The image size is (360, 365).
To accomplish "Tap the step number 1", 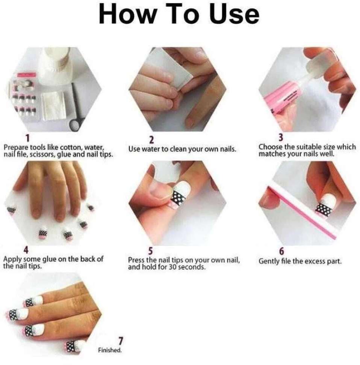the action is pyautogui.click(x=28, y=138).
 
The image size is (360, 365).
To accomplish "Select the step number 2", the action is pyautogui.click(x=151, y=140).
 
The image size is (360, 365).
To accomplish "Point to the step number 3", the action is pyautogui.click(x=281, y=137).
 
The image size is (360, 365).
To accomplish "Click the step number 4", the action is pyautogui.click(x=26, y=250).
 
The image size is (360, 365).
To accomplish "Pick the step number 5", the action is pyautogui.click(x=151, y=251).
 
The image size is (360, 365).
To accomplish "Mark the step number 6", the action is pyautogui.click(x=281, y=251).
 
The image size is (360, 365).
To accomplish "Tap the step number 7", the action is pyautogui.click(x=121, y=341).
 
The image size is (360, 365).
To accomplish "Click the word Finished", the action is pyautogui.click(x=110, y=350).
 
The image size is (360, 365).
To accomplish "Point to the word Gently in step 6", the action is pyautogui.click(x=268, y=261).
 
